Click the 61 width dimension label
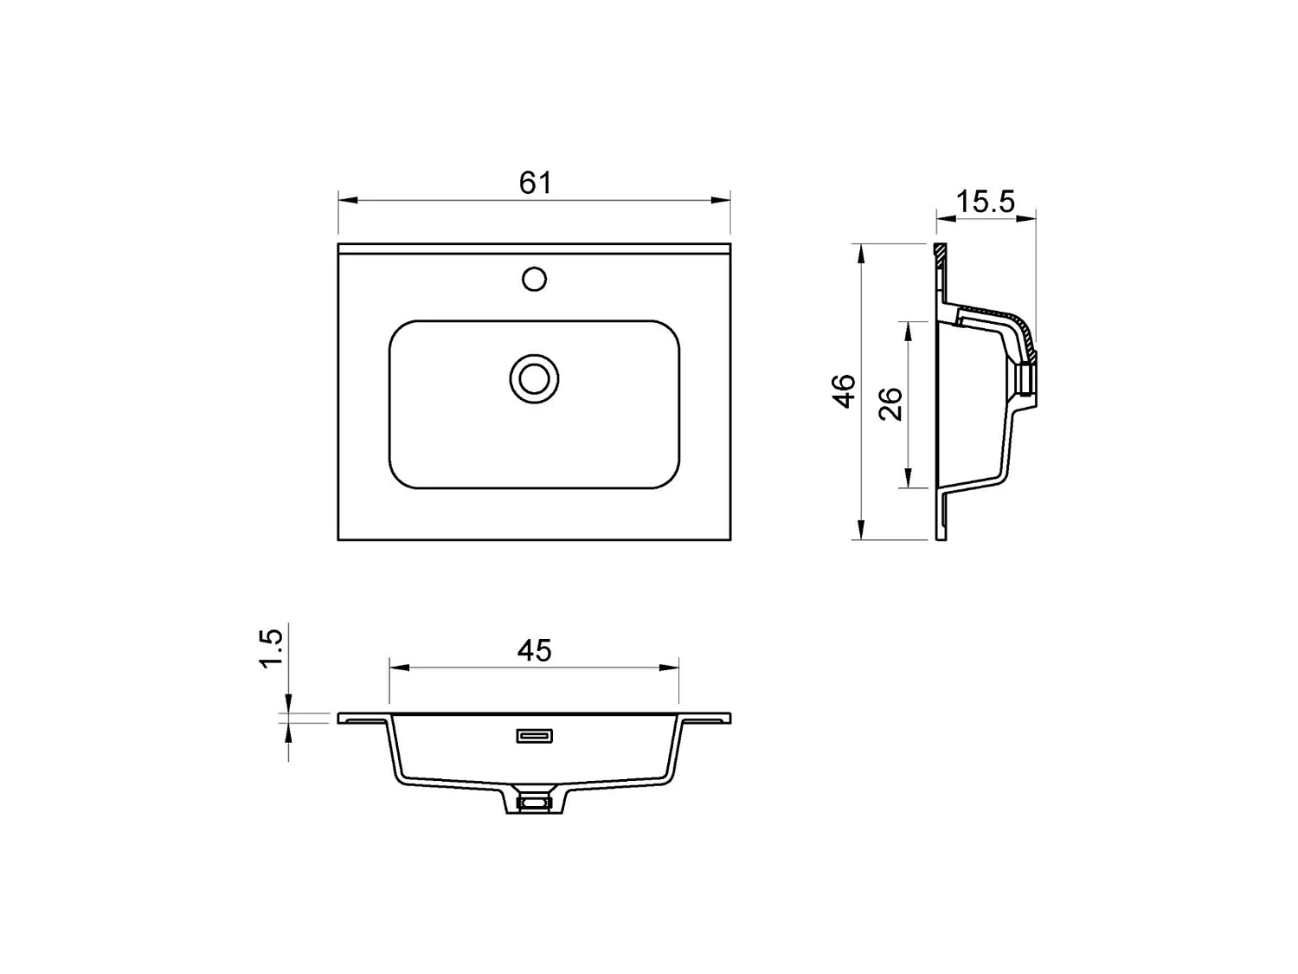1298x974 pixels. click(x=535, y=183)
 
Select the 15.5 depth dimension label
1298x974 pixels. click(x=985, y=202)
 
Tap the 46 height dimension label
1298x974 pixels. click(x=844, y=391)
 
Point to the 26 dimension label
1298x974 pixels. click(x=890, y=404)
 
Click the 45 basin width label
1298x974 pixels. click(x=535, y=650)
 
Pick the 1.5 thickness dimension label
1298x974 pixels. click(x=272, y=648)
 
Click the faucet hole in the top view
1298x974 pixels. click(x=534, y=279)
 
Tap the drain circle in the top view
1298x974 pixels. click(x=534, y=379)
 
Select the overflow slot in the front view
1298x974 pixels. click(x=535, y=736)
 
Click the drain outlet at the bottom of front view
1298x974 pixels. click(x=534, y=803)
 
